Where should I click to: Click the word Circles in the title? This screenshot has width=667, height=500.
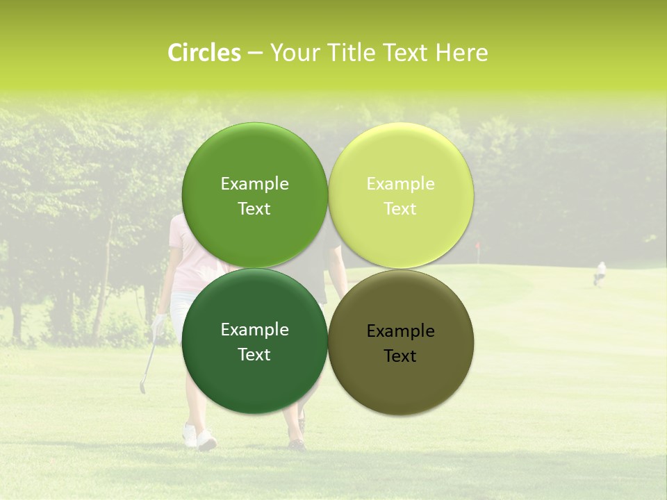pos(204,53)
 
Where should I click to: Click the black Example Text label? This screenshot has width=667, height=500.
pos(400,343)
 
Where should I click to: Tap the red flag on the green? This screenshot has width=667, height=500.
pos(477,247)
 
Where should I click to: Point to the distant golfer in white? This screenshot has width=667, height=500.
pos(600,272)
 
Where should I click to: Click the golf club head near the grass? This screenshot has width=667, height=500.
pos(142,387)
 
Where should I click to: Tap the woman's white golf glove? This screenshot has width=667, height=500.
pos(160,322)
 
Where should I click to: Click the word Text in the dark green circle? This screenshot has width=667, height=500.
pos(254,355)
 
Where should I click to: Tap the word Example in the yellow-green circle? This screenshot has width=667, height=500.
pos(400,183)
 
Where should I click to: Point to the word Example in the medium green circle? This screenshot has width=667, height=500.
pos(254,183)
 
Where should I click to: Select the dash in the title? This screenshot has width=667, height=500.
pos(255,53)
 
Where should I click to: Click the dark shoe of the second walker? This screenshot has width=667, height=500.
pos(297,443)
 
